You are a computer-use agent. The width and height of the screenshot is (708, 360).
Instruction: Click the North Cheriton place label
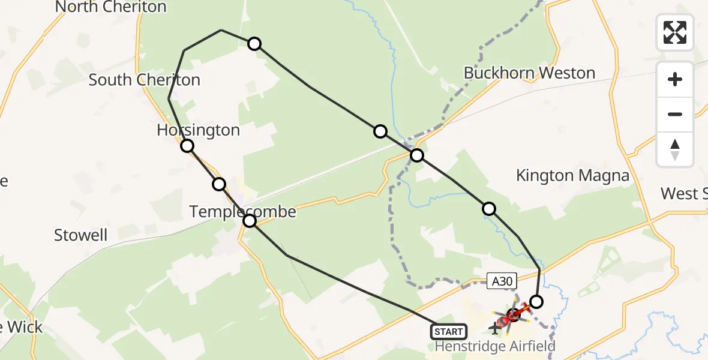point(110,7)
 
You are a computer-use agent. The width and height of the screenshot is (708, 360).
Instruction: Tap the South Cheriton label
point(144,80)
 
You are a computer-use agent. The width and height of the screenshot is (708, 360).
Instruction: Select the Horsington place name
point(198,130)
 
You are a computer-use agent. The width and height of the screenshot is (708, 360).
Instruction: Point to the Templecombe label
point(242,211)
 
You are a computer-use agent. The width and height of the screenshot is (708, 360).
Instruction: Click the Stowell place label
point(80,235)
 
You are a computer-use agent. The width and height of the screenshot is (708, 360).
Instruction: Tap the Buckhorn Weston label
point(529,73)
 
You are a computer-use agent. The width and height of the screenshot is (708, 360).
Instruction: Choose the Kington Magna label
point(572,176)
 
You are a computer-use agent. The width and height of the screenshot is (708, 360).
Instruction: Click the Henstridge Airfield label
point(494,346)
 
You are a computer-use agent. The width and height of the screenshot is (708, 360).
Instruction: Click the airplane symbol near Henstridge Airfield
point(495,328)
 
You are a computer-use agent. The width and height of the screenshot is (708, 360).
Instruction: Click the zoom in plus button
point(675,79)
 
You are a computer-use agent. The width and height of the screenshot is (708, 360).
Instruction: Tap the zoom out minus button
point(675,114)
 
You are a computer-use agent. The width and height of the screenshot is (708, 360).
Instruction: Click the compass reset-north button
point(675,149)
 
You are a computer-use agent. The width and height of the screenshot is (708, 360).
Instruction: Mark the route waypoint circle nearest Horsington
point(187,146)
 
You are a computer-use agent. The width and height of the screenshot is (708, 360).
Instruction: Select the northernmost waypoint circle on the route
point(254,43)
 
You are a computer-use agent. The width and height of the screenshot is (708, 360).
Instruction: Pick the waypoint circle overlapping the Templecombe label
point(250,221)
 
